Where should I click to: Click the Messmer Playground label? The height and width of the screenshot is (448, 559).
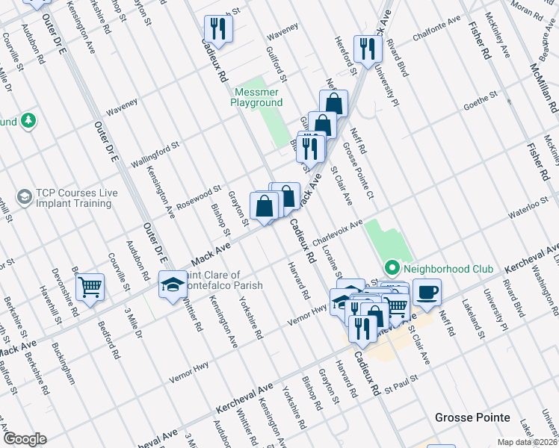pyautogui.click(x=256, y=96)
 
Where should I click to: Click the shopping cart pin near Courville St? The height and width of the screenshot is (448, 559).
pyautogui.click(x=90, y=287)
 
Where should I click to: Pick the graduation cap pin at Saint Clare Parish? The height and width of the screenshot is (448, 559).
pyautogui.click(x=173, y=286)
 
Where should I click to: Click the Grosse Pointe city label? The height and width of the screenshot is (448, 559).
pyautogui.click(x=474, y=417)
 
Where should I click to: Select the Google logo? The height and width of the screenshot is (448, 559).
pyautogui.click(x=25, y=439)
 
